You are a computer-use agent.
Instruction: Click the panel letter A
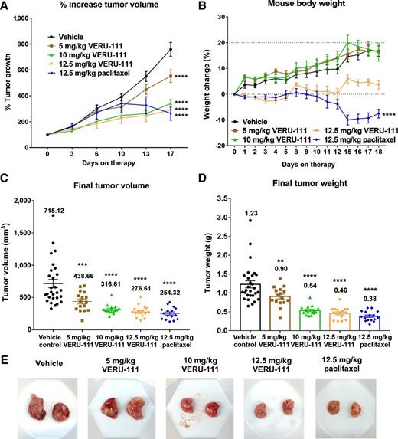point(6,8)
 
